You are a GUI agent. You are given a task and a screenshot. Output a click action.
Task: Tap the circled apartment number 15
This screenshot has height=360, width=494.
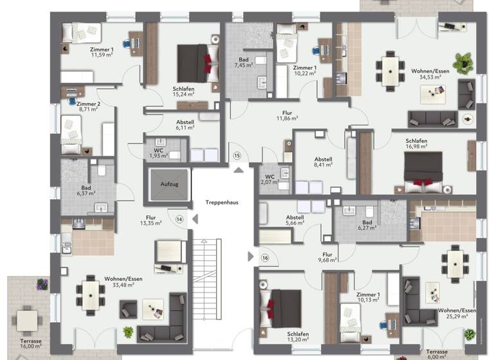237,156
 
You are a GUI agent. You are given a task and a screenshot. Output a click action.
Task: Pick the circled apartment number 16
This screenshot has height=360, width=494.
264,258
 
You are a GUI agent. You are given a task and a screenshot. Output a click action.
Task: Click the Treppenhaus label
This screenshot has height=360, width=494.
222,202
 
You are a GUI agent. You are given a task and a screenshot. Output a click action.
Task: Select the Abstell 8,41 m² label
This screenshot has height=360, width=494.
323,161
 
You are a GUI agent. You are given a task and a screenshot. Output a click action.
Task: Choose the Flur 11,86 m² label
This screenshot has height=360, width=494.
287,115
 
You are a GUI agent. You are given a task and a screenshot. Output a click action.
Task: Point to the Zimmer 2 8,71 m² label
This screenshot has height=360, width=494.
87,106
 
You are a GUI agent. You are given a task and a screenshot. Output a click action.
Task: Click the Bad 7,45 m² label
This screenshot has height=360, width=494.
244,62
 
